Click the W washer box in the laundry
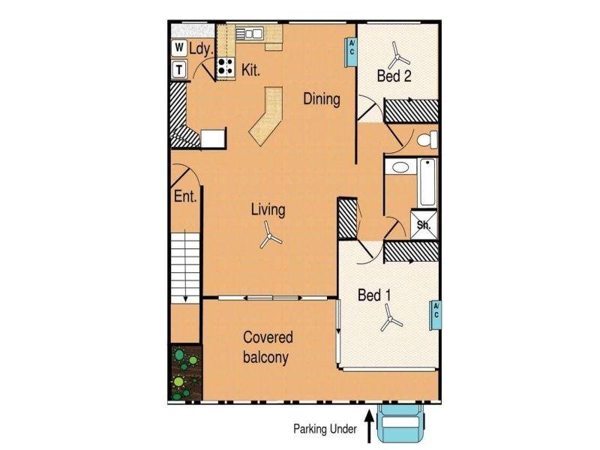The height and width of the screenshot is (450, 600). click(179, 48)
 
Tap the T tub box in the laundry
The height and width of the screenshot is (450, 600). click(179, 70)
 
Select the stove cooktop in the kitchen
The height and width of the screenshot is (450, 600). click(225, 67)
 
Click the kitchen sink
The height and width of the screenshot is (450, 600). click(250, 33)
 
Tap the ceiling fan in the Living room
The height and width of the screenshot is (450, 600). click(268, 238)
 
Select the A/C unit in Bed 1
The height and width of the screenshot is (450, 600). click(435, 313)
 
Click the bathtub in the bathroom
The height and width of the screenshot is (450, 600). click(427, 181)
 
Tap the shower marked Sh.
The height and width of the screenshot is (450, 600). click(423, 223)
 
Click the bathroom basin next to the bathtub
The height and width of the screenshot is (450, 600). click(400, 167)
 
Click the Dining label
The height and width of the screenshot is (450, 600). click(322, 99)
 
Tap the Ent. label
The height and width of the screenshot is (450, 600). click(184, 198)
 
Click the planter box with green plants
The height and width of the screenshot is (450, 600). click(184, 372)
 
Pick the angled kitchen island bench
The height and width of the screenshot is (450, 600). click(267, 116)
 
